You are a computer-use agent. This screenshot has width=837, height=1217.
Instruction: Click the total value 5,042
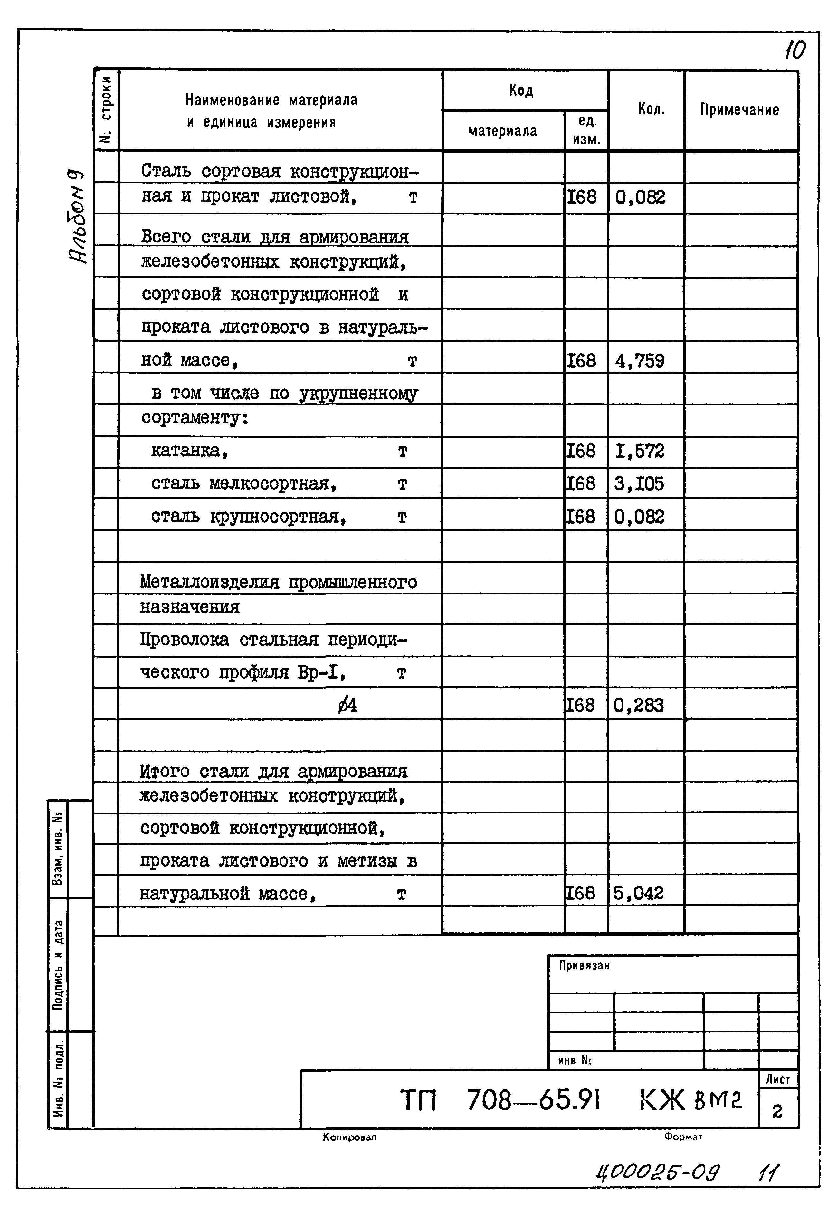click(638, 893)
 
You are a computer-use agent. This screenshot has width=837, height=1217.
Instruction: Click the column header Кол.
click(651, 109)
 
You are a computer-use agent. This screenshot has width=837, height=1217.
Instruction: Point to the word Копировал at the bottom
click(349, 1137)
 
